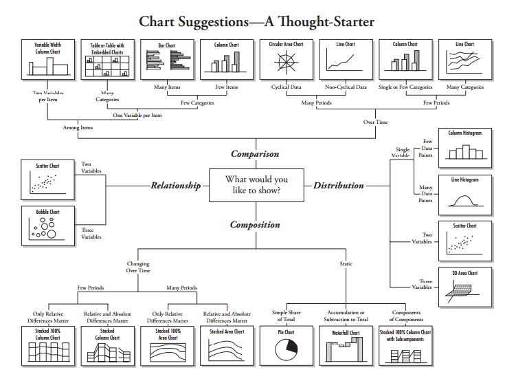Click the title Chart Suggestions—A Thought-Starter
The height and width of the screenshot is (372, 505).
coord(256,21)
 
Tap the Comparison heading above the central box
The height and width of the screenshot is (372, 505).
coord(255,154)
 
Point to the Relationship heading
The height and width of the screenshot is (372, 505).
coord(176,186)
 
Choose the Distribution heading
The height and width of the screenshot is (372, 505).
coord(339,186)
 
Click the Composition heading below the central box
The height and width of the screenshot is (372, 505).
coord(255,225)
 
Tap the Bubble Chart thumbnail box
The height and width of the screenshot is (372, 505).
coord(47,226)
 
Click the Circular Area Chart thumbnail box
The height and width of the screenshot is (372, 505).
coord(285,59)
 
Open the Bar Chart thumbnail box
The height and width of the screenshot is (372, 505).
coord(167,59)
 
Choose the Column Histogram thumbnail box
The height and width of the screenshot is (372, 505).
coord(465,146)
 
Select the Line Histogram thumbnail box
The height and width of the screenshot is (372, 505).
coord(465,193)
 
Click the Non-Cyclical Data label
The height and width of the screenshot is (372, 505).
coord(346,87)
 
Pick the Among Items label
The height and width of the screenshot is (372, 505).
coord(77,127)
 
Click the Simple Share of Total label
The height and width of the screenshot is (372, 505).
coord(286,316)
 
